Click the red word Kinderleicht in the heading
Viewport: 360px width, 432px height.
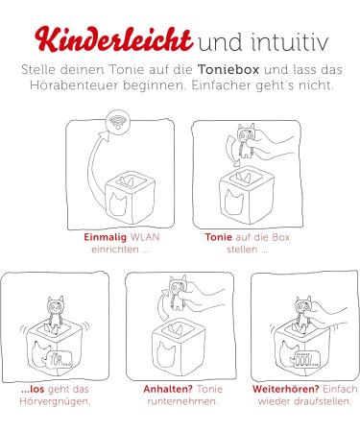[x=113, y=39]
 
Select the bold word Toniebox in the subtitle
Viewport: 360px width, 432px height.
[x=228, y=69]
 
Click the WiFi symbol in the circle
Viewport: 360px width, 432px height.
[x=118, y=121]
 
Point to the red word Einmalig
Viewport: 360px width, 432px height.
[x=106, y=237]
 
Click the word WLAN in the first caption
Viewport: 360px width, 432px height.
[x=145, y=237]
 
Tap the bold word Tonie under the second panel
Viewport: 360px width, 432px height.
[x=218, y=237]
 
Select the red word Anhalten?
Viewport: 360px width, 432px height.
[x=168, y=389]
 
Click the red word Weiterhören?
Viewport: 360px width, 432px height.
[x=286, y=389]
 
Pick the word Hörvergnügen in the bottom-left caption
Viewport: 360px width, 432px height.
[x=54, y=401]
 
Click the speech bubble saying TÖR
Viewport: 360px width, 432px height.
[x=60, y=360]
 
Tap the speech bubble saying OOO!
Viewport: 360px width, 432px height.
[x=305, y=360]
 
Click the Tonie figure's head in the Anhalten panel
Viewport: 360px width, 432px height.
[x=178, y=285]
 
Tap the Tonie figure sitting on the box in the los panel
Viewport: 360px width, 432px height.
[x=56, y=312]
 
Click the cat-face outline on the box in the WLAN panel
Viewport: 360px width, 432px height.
[x=118, y=204]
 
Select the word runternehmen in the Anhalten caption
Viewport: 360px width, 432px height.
[x=182, y=401]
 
